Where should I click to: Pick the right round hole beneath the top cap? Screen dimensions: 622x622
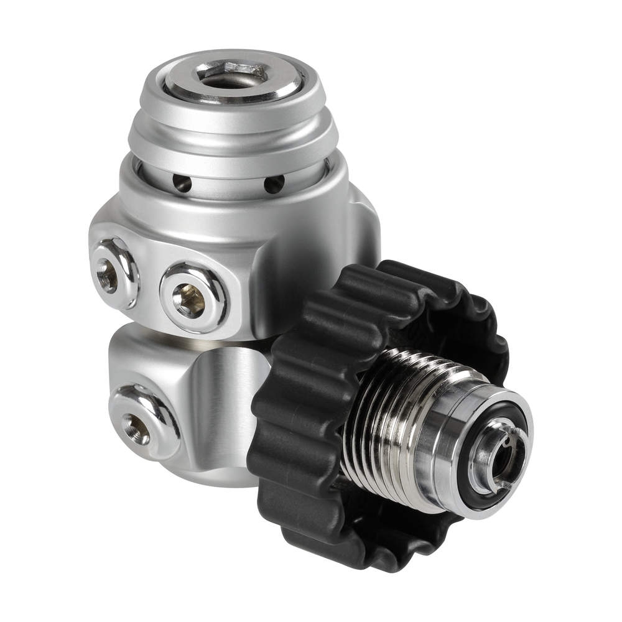tap(272, 183)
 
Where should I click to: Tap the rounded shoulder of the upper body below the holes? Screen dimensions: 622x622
tap(249, 215)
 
